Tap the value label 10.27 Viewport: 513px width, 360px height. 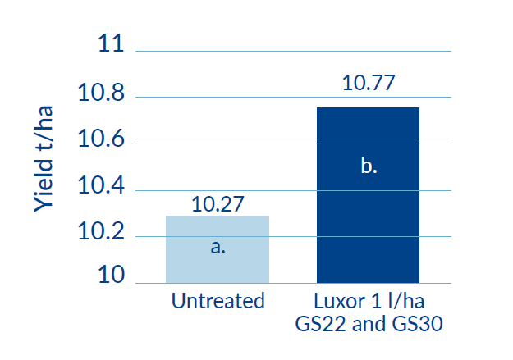pos(218,203)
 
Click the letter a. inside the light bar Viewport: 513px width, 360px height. pos(218,246)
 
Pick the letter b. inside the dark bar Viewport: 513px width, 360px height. pos(369,166)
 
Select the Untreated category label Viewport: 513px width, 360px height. pos(218,301)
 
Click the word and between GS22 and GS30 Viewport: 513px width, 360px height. pos(369,323)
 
